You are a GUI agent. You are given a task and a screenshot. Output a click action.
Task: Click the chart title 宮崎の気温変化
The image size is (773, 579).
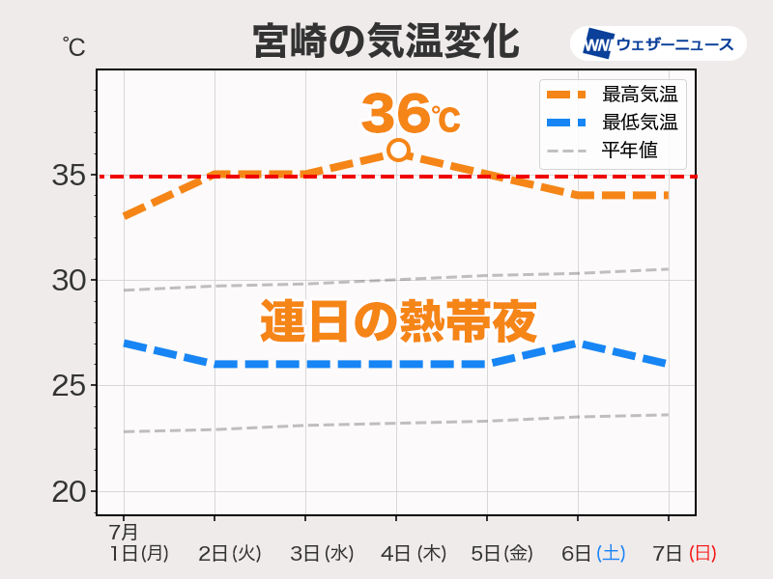[386, 42]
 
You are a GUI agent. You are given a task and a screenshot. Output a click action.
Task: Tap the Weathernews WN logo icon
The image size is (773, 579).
[598, 43]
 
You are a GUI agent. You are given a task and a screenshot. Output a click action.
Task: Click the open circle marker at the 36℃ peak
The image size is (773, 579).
[398, 150]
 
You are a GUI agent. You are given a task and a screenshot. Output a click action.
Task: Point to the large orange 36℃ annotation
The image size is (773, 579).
[410, 115]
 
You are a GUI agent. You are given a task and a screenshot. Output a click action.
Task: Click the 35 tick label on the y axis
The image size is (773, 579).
[71, 176]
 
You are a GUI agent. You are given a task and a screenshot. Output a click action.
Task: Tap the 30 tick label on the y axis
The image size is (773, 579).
[71, 281]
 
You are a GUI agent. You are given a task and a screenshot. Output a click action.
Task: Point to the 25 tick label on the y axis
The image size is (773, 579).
[71, 386]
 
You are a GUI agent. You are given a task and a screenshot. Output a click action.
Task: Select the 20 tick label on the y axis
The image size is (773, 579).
[71, 491]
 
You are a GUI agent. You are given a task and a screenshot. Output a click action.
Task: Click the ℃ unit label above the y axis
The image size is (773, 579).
[74, 46]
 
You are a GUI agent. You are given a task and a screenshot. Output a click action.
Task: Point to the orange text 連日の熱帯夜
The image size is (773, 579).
[398, 321]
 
